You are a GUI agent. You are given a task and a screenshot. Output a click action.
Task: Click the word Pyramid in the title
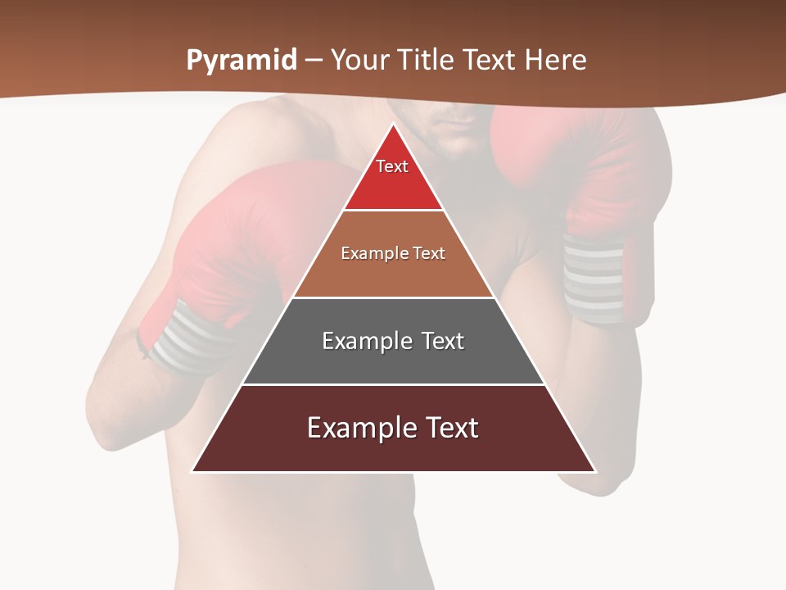[x=241, y=61]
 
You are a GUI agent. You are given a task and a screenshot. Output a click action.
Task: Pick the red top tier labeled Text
[x=393, y=176]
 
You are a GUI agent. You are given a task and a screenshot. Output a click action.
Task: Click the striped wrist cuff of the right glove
[x=593, y=279]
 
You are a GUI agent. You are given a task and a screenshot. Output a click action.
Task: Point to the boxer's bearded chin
[x=449, y=147]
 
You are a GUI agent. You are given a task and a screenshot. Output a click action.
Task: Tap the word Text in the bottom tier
[x=449, y=428]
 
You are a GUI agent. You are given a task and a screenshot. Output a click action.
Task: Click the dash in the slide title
[x=314, y=61]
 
